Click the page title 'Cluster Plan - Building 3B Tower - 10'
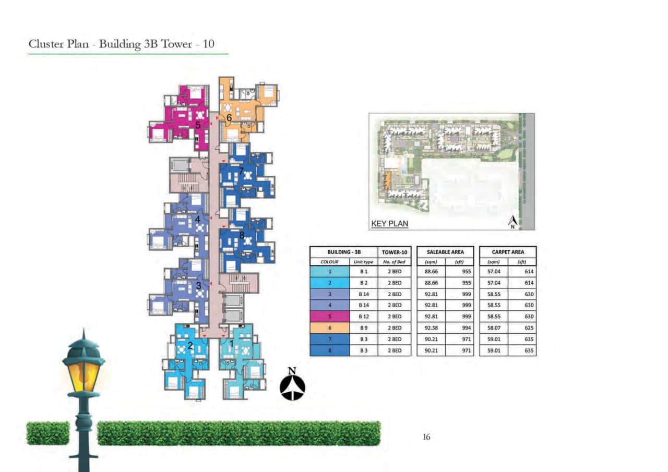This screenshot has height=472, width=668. pyautogui.click(x=121, y=44)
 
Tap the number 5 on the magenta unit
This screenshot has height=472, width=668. pyautogui.click(x=198, y=125)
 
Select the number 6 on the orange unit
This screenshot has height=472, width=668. pyautogui.click(x=229, y=118)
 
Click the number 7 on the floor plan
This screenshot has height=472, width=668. pyautogui.click(x=241, y=171)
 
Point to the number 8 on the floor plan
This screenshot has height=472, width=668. pyautogui.click(x=242, y=235)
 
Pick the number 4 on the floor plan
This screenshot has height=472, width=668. pyautogui.click(x=198, y=220)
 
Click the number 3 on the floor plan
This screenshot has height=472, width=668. pyautogui.click(x=198, y=286)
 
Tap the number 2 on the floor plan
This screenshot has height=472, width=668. pyautogui.click(x=190, y=345)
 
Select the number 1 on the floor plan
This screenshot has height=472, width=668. pyautogui.click(x=232, y=344)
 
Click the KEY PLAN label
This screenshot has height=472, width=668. pyautogui.click(x=389, y=224)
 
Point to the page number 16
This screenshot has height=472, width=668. pyautogui.click(x=426, y=438)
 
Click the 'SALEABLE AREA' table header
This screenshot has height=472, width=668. pyautogui.click(x=445, y=252)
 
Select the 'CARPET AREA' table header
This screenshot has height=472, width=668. pyautogui.click(x=507, y=252)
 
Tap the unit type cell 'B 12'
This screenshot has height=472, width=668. pyautogui.click(x=363, y=317)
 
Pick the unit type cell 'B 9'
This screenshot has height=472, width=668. pyautogui.click(x=363, y=328)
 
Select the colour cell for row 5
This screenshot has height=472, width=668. pyautogui.click(x=330, y=317)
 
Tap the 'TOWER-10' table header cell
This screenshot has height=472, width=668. pyautogui.click(x=394, y=252)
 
